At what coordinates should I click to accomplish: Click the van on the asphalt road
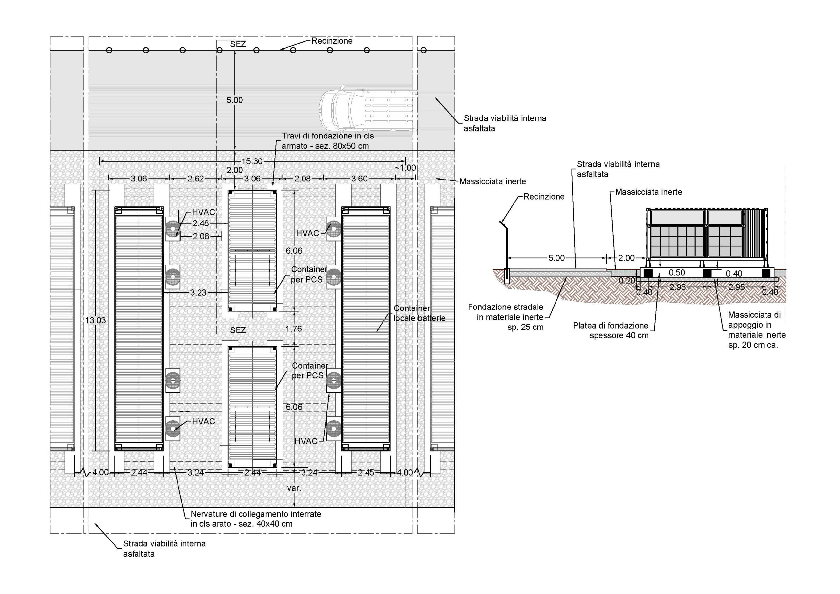(x=368, y=110)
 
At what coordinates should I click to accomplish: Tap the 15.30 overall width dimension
(x=252, y=161)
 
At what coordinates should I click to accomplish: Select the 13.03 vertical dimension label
(x=95, y=320)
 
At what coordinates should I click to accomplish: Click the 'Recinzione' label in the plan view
(x=332, y=41)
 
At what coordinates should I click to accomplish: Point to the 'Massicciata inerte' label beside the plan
(x=493, y=181)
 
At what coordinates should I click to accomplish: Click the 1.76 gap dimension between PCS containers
(x=294, y=329)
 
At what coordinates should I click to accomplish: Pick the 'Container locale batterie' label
(x=419, y=313)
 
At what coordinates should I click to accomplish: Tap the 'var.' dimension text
(x=294, y=488)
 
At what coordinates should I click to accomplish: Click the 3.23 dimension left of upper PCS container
(x=198, y=293)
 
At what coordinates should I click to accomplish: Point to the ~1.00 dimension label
(x=405, y=168)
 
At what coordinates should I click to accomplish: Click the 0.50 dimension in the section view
(x=677, y=273)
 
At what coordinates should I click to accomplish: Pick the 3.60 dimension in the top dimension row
(x=359, y=179)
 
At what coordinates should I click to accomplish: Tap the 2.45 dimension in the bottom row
(x=366, y=473)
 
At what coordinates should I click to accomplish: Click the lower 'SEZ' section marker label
(x=238, y=330)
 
